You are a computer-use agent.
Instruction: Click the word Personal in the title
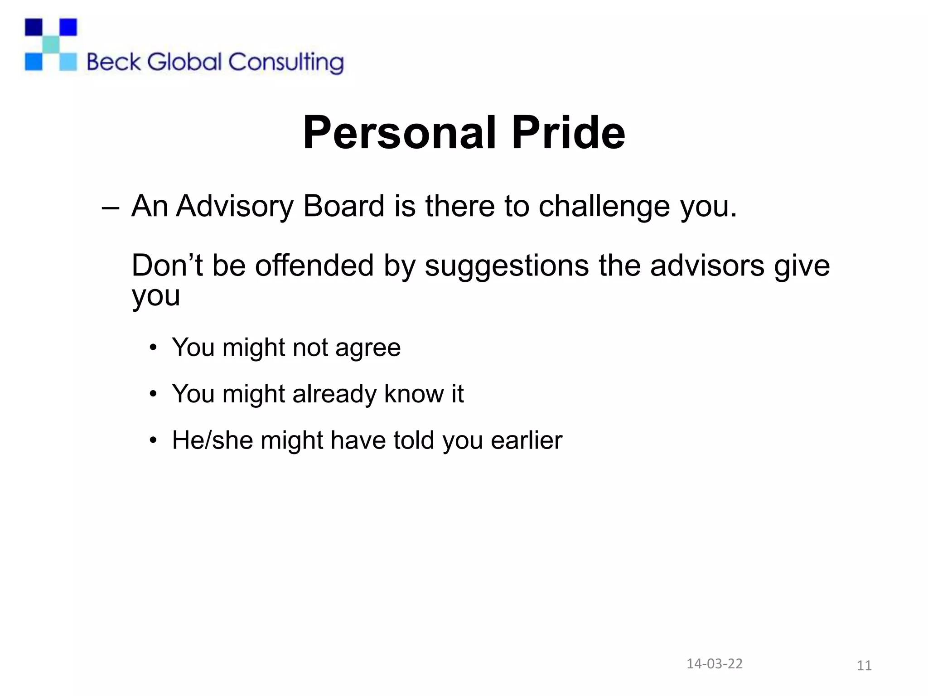[399, 133]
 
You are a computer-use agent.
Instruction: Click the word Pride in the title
[568, 133]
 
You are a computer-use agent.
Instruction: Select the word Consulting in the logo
[286, 63]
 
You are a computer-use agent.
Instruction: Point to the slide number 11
[864, 666]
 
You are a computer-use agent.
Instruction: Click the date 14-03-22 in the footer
[715, 663]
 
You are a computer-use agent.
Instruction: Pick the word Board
[343, 206]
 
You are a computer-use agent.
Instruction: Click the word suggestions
[507, 266]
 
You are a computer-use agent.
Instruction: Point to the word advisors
[707, 266]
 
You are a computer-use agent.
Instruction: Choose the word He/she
[212, 440]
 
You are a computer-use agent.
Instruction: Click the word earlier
[526, 440]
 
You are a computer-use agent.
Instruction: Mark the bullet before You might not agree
[153, 348]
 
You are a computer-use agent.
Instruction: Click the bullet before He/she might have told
[153, 440]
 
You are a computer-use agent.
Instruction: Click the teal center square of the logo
[51, 44]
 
